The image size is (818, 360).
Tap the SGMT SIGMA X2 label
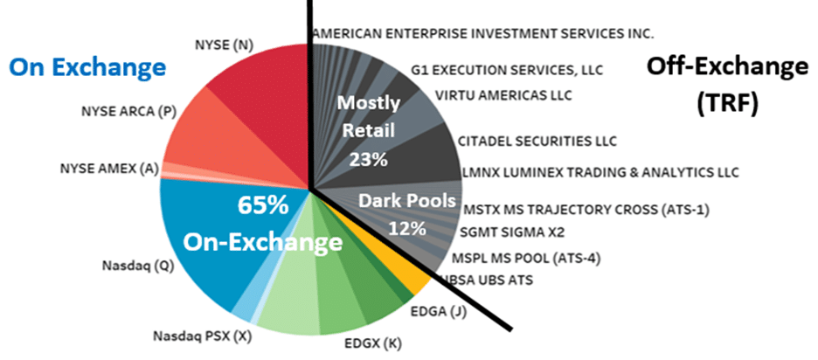click(511, 232)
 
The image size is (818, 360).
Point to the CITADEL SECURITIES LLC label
click(537, 140)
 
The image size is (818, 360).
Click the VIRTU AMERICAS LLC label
click(496, 94)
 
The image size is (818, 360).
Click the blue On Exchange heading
click(87, 66)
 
